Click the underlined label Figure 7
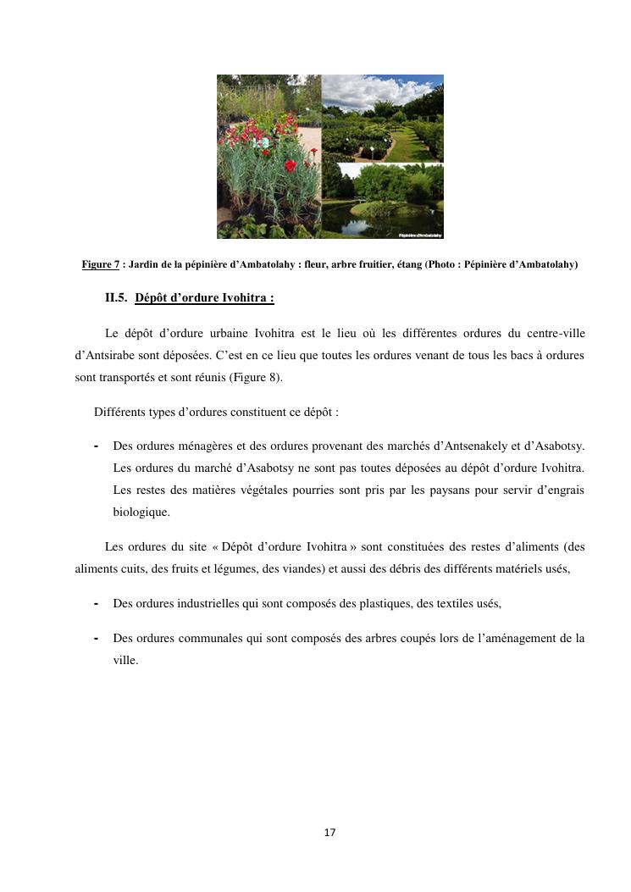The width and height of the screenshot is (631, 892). tap(100, 265)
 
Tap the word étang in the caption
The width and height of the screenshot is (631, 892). tap(415, 265)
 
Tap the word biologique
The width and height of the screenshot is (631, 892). tap(141, 512)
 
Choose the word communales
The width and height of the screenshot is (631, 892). tap(201, 638)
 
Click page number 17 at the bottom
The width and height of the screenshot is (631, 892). tap(329, 833)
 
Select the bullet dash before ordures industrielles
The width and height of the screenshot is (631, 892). tap(97, 603)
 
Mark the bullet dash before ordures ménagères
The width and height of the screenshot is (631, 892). tap(97, 446)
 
